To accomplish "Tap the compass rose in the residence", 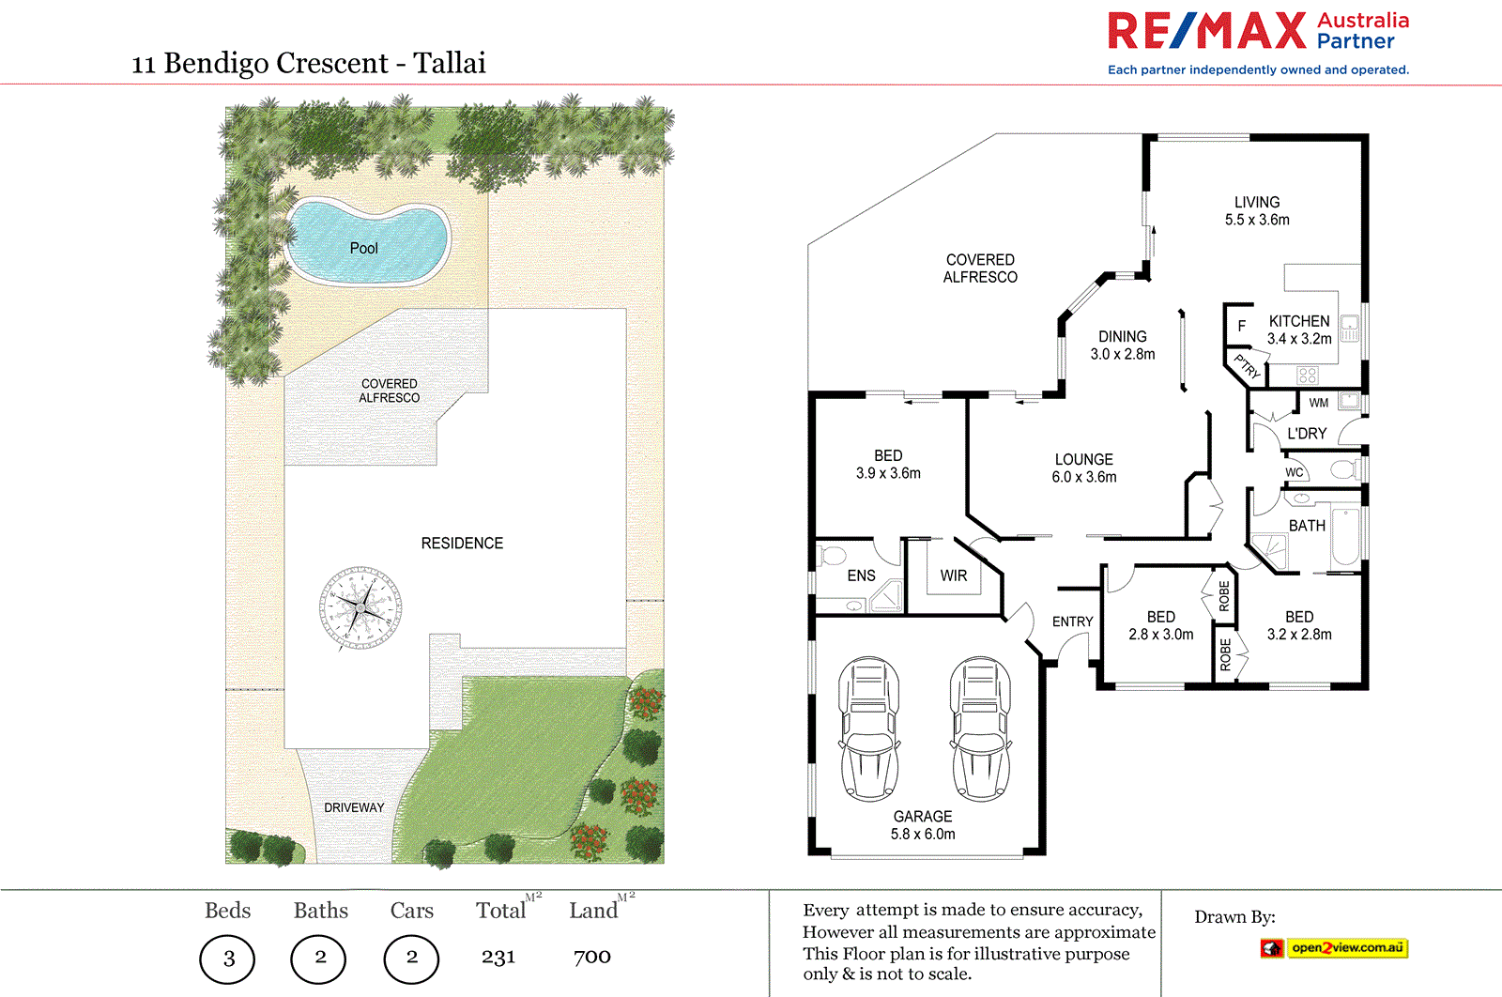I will point(360,608).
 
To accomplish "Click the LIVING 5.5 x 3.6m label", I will point(1257,211).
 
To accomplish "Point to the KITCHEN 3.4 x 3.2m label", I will point(1299,330).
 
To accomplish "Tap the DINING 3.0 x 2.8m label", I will point(1123,345).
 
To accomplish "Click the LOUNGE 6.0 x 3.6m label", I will point(1084,468).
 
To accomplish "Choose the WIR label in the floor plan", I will point(954,575).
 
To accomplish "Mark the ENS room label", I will point(861,575).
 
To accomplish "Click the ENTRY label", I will point(1072,621).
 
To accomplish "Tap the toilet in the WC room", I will point(1342,469).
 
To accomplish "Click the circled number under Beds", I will point(227,958).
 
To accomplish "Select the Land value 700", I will point(592,957).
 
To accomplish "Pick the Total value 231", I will point(498,957).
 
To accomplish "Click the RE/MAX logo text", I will point(1207,31).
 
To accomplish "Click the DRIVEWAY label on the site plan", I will point(354,807).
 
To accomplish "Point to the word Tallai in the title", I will point(450,63).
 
